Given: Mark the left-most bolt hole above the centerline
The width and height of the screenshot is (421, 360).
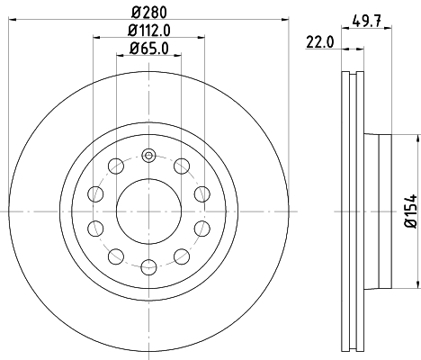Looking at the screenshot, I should [x=94, y=193].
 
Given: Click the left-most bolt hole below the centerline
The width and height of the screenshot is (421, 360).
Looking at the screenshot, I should [x=94, y=227].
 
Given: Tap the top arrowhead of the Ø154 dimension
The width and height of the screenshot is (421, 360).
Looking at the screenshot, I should [x=418, y=138].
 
